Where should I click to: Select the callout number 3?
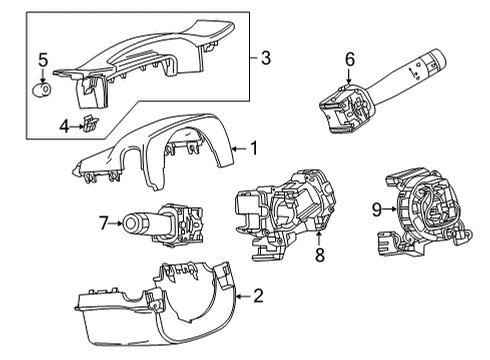click(265, 58)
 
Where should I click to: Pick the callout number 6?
click(349, 59)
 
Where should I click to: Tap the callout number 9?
click(377, 209)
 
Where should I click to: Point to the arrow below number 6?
click(349, 76)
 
